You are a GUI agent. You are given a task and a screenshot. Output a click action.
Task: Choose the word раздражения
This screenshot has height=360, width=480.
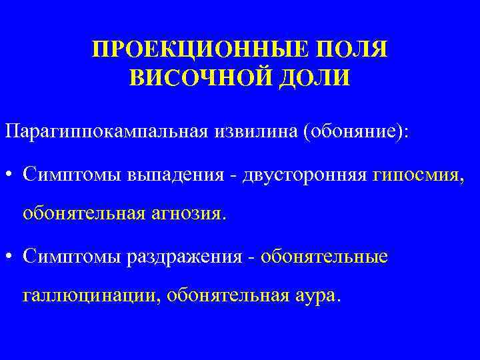[183, 257]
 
